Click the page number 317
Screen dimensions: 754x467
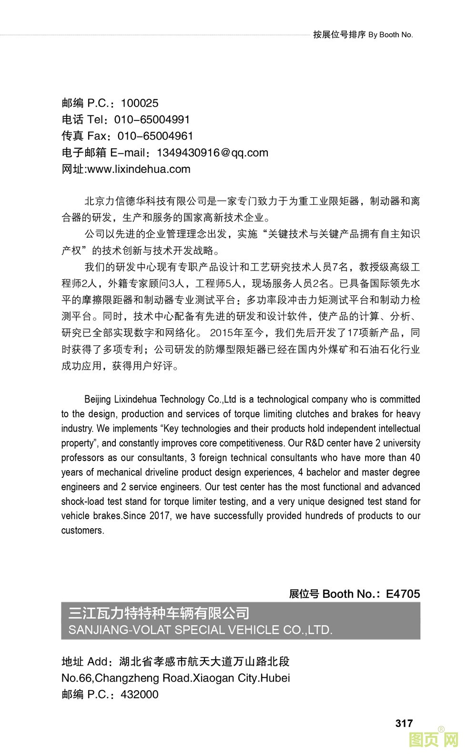[404, 723]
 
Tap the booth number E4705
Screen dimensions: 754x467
[403, 594]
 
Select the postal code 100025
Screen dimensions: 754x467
[140, 103]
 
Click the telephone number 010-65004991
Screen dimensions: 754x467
[152, 120]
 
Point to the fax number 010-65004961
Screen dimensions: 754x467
[155, 136]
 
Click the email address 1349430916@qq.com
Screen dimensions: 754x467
[213, 153]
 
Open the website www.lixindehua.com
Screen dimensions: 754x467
[139, 169]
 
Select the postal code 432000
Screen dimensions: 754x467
[140, 694]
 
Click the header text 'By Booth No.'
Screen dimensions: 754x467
[390, 35]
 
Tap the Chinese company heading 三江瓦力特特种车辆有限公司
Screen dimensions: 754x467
[159, 613]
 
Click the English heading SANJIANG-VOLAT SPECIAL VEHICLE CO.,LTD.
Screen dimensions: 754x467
[201, 630]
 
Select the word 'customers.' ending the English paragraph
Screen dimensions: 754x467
[82, 531]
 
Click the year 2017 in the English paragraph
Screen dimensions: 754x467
[160, 516]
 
